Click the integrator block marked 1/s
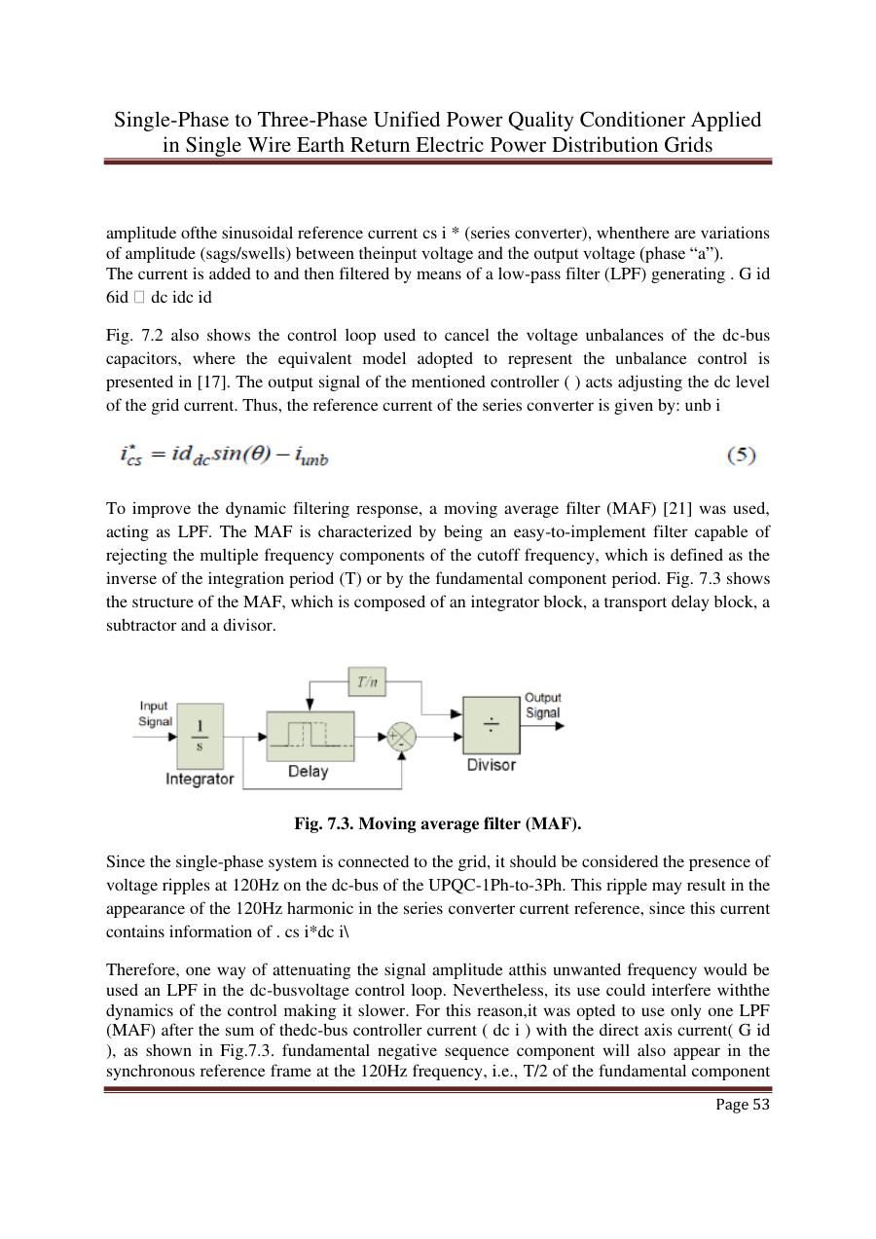[200, 738]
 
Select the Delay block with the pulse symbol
[310, 736]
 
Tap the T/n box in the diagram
[367, 682]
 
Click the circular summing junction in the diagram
[401, 737]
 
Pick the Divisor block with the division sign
[491, 724]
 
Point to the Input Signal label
[155, 713]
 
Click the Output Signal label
[543, 705]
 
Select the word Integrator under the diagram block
[200, 779]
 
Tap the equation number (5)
[743, 455]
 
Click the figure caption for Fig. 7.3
[437, 824]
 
